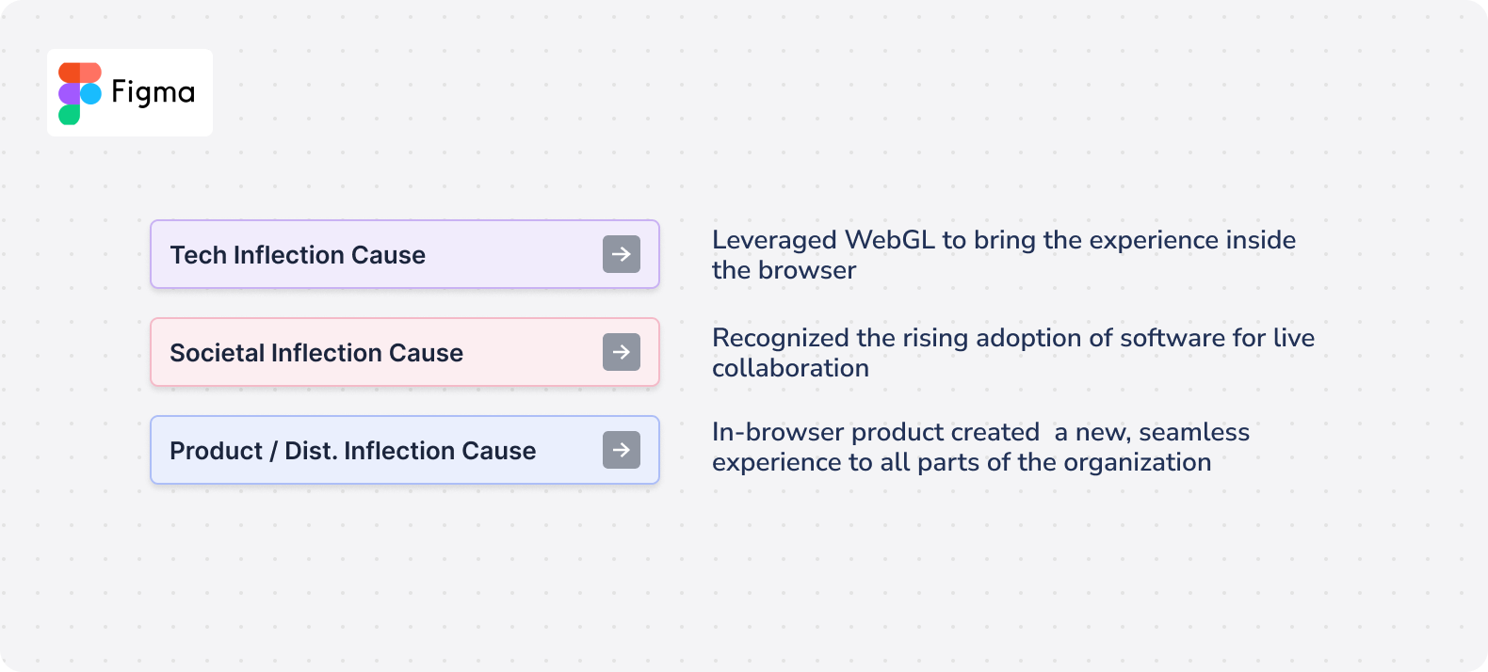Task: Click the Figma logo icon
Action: click(80, 93)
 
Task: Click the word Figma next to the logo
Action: click(154, 93)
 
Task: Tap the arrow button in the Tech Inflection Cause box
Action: click(622, 254)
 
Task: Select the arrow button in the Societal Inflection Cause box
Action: click(622, 352)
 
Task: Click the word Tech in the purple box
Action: click(198, 255)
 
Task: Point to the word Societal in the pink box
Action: click(217, 353)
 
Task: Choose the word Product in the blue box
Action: click(216, 451)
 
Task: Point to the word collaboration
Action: click(790, 369)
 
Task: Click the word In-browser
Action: click(778, 432)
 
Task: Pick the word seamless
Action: click(1194, 432)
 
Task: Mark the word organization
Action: click(1138, 463)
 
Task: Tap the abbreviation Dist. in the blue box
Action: click(311, 451)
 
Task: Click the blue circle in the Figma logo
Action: click(91, 93)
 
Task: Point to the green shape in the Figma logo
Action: click(69, 114)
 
